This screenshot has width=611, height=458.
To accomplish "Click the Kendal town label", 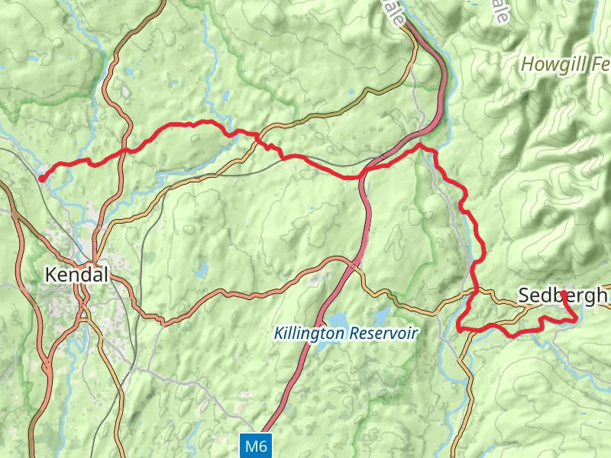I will [77, 275].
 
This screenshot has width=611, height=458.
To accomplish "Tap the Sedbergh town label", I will [562, 295].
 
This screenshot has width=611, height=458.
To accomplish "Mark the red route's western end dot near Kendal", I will [40, 179].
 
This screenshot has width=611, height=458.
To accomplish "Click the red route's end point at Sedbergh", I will [563, 293].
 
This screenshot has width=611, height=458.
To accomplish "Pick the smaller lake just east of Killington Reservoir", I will [380, 316].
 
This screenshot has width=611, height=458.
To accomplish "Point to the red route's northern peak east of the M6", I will [420, 145].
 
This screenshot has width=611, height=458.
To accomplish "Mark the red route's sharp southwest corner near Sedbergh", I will [459, 328].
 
